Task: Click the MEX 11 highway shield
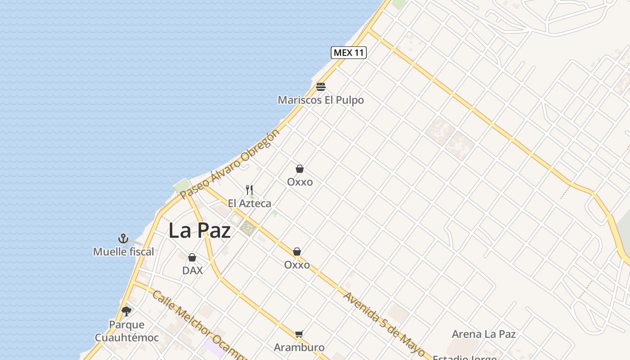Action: tap(349, 53)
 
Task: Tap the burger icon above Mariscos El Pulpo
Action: tap(320, 87)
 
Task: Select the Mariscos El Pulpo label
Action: tap(320, 100)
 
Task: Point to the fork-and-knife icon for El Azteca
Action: tap(249, 190)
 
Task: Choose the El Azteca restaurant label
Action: tap(249, 203)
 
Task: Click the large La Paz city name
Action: tap(199, 231)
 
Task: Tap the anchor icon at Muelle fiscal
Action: tap(123, 238)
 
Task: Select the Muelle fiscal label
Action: tap(123, 252)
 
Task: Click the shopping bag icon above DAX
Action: tap(192, 257)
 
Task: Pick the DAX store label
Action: tap(192, 270)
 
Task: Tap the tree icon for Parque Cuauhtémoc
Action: tap(126, 311)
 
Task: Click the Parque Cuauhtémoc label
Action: tap(126, 331)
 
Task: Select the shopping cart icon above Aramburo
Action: tap(299, 334)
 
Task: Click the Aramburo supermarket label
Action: tap(299, 347)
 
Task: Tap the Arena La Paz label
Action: tap(484, 334)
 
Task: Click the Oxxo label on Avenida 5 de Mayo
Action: tap(297, 265)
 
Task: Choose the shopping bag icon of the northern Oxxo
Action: tap(300, 169)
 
